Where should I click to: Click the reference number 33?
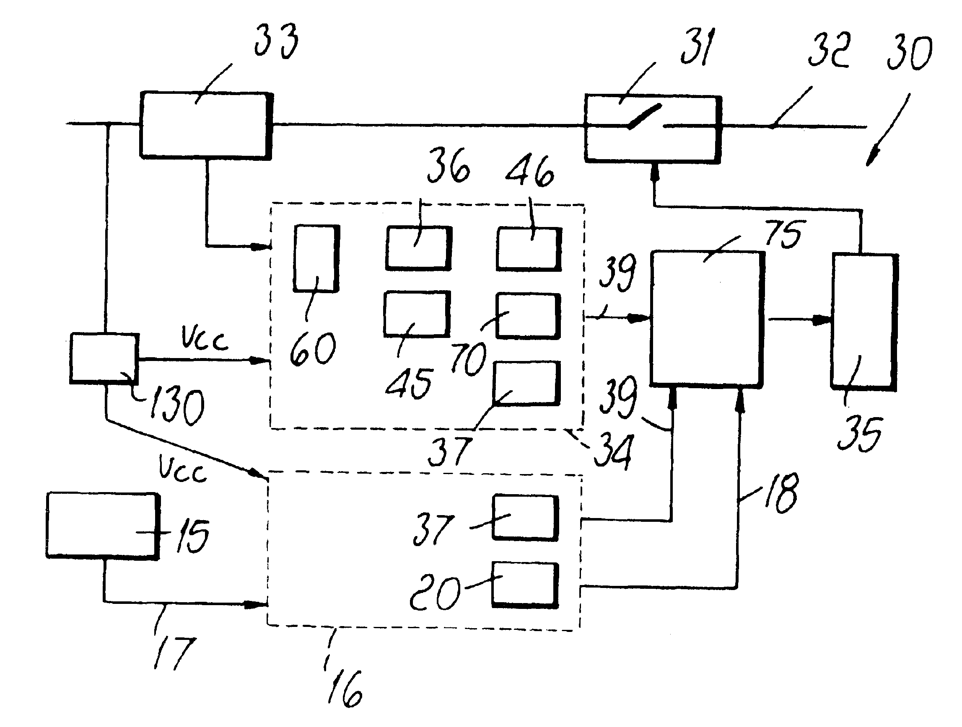(277, 41)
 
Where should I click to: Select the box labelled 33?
(205, 125)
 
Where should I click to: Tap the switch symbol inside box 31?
(645, 116)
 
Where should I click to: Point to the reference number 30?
(909, 53)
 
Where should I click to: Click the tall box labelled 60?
(316, 258)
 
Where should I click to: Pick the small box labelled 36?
(418, 248)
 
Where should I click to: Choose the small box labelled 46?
(529, 249)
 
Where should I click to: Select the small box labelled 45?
(417, 314)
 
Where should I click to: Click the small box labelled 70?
(528, 316)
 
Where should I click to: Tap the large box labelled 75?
(706, 318)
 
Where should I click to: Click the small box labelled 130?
(104, 358)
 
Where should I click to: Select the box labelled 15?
(103, 525)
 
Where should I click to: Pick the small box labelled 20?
(525, 585)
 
